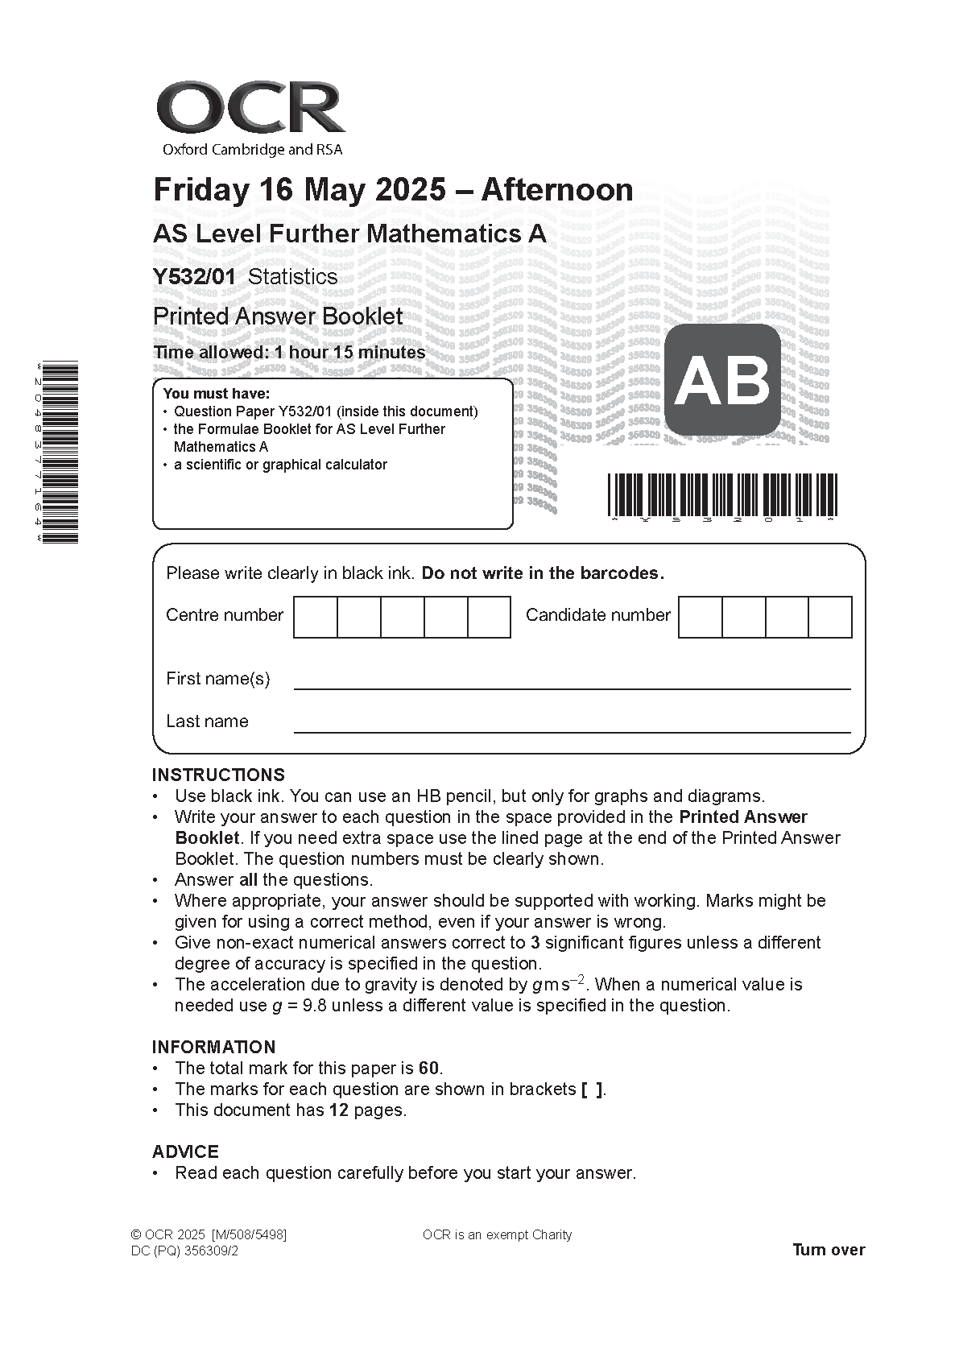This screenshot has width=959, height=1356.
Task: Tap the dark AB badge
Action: (722, 380)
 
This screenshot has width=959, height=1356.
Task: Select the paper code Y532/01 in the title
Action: (195, 277)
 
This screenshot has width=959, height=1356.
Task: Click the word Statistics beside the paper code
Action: (292, 277)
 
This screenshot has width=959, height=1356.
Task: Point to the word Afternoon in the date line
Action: (557, 190)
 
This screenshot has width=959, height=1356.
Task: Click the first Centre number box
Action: (316, 617)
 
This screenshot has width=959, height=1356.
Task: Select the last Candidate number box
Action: (829, 617)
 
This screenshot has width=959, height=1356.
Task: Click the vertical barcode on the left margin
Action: (61, 452)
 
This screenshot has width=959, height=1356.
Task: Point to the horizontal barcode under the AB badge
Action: (721, 494)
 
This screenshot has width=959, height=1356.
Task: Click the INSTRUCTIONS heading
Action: (218, 775)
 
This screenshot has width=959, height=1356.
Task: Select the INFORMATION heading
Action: (213, 1048)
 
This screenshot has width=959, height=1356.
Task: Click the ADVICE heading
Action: (185, 1152)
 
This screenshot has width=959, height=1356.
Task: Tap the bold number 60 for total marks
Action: (428, 1069)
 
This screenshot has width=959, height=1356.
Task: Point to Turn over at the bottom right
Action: (829, 1250)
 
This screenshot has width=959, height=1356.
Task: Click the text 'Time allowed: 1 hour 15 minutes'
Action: (290, 353)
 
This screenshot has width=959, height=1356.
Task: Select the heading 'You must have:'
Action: (216, 394)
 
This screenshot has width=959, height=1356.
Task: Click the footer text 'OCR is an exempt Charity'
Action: (497, 1235)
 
